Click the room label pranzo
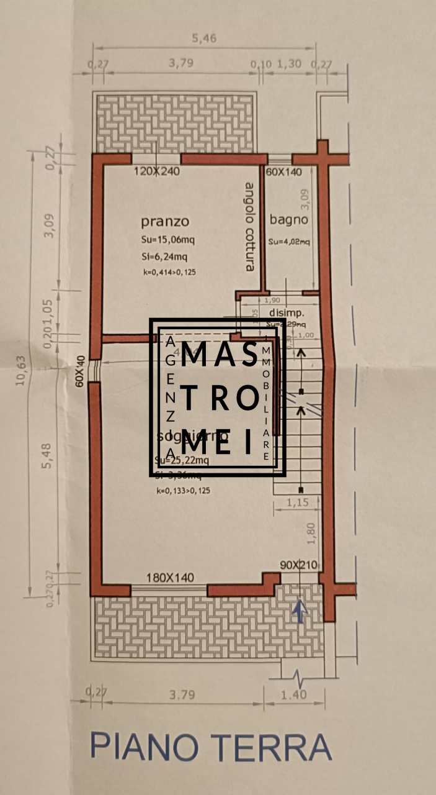pos(164,222)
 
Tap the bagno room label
pos(288,219)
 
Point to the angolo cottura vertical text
pos(249,226)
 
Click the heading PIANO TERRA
pos(211,747)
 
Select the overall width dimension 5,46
pos(205,39)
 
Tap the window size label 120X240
pos(156,171)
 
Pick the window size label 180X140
pos(169,578)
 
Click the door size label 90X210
pos(298,565)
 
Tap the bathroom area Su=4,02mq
pos(289,242)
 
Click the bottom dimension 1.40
pos(293,694)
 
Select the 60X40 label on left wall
pos(80,371)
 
